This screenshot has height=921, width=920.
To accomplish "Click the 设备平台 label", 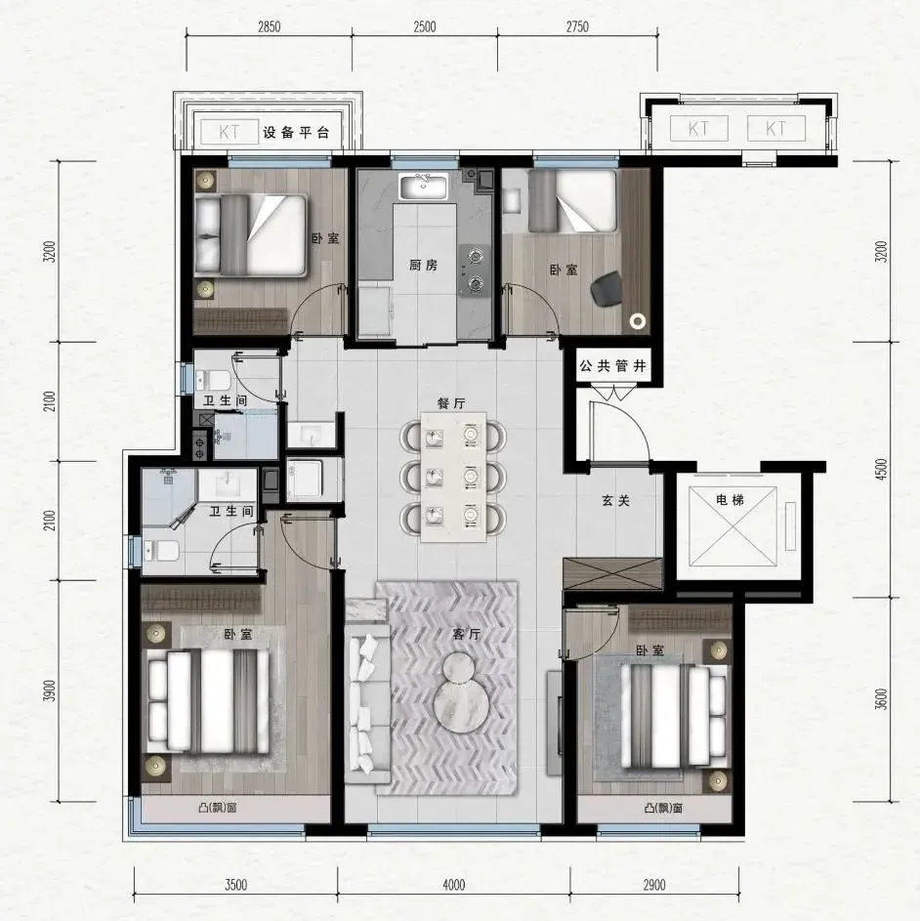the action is click(x=295, y=132).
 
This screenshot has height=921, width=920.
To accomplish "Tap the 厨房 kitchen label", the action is click(x=423, y=265).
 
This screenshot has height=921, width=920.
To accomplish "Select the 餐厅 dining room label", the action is click(x=451, y=403).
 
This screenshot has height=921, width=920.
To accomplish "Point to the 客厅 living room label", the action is click(x=467, y=634).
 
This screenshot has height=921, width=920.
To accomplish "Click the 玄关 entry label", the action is click(x=615, y=500).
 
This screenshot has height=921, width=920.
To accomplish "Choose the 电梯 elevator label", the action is click(x=731, y=500).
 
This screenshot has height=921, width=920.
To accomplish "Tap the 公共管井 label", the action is click(x=612, y=366).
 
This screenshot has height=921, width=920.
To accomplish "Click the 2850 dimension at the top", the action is click(x=269, y=27).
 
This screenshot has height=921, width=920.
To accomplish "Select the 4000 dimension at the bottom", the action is click(x=453, y=885).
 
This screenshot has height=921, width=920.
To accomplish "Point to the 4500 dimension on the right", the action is click(x=881, y=470).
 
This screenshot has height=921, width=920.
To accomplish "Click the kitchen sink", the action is click(x=423, y=187).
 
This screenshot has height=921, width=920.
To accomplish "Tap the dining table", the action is click(x=453, y=477).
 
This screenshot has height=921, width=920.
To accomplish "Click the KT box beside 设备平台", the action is click(x=230, y=132).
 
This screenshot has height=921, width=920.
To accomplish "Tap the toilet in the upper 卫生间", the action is click(x=212, y=380).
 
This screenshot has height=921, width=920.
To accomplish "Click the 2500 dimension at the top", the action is click(x=424, y=27).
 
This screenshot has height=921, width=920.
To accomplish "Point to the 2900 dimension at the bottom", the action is click(x=654, y=885).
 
